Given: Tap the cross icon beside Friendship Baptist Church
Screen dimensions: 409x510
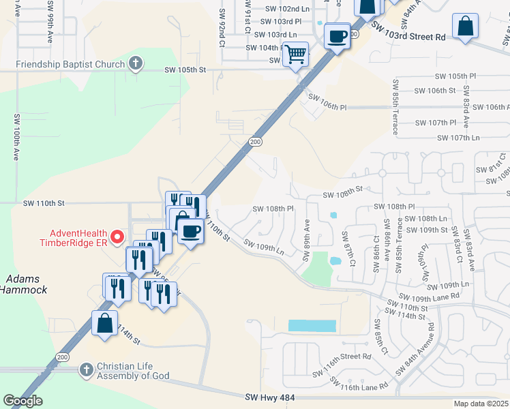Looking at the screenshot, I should (x=136, y=64).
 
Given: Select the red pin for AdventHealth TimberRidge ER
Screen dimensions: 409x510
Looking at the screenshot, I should (x=117, y=237).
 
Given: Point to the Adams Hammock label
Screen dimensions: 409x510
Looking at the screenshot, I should (x=23, y=284).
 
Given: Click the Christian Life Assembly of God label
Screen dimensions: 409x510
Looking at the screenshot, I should (x=132, y=371).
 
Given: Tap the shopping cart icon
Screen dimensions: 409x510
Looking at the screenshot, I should (x=295, y=53).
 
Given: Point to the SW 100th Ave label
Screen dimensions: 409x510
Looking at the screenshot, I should (x=16, y=136).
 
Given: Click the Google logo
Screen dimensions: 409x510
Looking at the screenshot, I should (x=22, y=401).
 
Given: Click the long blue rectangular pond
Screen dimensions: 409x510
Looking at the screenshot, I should (x=312, y=326).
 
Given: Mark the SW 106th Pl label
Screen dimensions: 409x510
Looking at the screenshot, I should (x=327, y=102).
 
